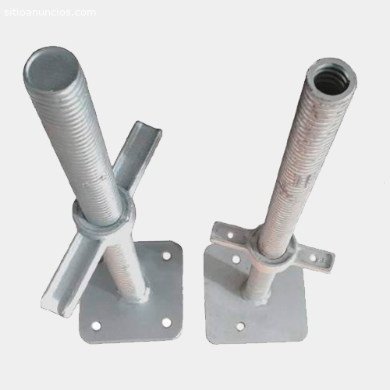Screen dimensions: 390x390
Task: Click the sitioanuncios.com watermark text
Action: [50, 12]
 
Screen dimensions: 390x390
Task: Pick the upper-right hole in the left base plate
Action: [166, 256]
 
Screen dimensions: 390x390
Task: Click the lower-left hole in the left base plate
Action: [96, 325]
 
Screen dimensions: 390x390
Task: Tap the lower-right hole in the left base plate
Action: [167, 322]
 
